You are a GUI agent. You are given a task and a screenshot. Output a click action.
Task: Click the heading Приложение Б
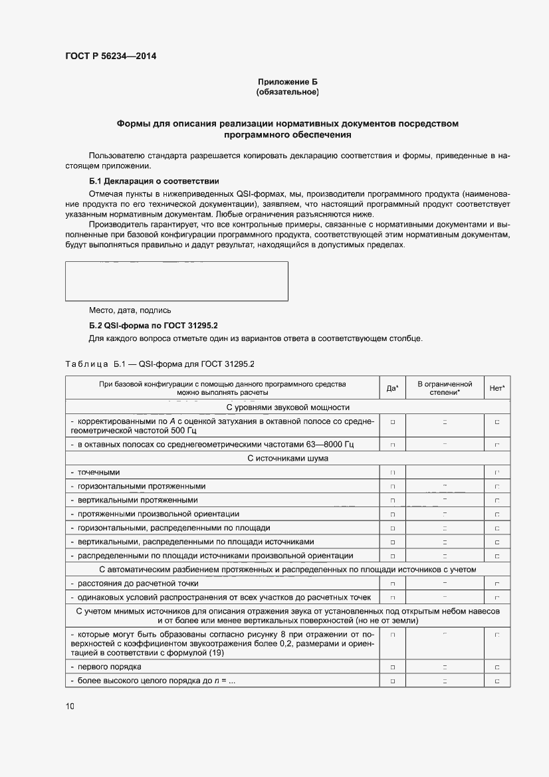click(x=287, y=82)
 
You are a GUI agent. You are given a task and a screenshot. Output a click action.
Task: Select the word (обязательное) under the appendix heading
click(x=287, y=92)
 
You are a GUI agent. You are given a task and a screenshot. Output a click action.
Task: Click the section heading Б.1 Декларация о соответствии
click(x=154, y=181)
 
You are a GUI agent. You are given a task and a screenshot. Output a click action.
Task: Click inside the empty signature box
click(x=176, y=281)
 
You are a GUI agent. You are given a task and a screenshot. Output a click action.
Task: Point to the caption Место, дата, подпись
click(x=130, y=310)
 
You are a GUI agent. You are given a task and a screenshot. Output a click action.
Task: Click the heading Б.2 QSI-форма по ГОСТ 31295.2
click(x=154, y=326)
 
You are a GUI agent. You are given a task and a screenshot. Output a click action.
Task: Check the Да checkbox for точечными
click(x=393, y=473)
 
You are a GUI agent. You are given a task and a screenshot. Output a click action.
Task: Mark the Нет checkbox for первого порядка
click(x=497, y=667)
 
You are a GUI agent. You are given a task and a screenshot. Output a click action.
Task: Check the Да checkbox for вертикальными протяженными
click(x=393, y=500)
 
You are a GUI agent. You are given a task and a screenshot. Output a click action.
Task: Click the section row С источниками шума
click(x=287, y=458)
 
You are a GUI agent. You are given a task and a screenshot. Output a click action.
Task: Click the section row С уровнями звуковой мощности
click(x=287, y=407)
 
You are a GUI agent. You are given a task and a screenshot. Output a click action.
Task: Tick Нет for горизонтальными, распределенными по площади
click(x=497, y=528)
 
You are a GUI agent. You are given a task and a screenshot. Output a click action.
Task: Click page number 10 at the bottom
click(x=70, y=707)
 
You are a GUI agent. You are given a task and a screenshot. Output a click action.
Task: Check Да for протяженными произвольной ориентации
click(x=393, y=514)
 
